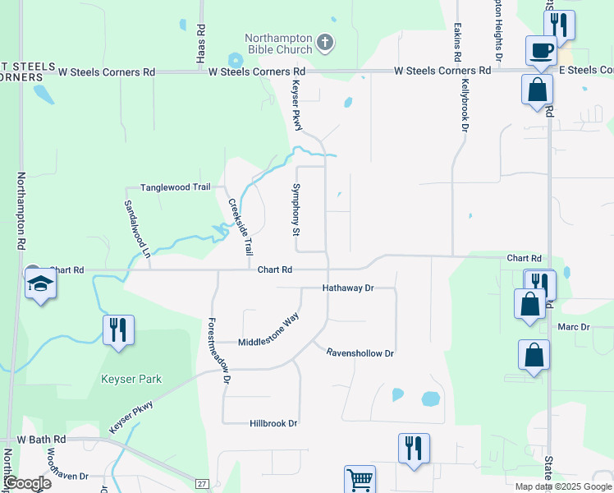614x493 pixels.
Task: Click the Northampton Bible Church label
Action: tap(279, 43)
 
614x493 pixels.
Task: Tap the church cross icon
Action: tap(325, 42)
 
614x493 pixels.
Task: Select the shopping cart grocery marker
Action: tap(359, 479)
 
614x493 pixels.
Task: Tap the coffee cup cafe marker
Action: tap(541, 50)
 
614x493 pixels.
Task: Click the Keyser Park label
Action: tap(131, 380)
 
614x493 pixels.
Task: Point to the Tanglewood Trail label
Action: tap(176, 187)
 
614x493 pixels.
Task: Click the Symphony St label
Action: tap(296, 210)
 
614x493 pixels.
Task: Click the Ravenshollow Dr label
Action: tap(360, 353)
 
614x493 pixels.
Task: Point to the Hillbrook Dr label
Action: tap(273, 423)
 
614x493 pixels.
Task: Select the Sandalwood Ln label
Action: tap(138, 229)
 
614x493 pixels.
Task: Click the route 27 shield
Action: tap(203, 484)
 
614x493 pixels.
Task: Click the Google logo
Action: tap(28, 483)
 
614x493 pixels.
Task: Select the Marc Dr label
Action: tap(574, 327)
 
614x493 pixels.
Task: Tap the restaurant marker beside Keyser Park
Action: tap(118, 329)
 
